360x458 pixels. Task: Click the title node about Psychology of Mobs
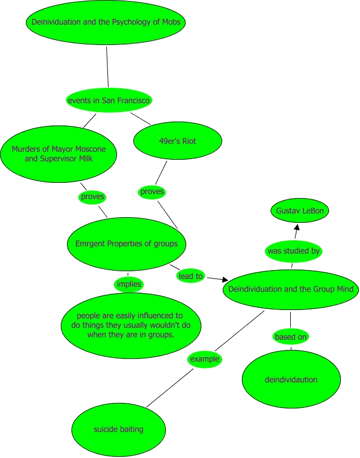click(106, 23)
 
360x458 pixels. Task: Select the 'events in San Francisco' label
click(109, 101)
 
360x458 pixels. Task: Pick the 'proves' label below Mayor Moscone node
click(93, 197)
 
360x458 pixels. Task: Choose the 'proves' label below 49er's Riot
click(152, 191)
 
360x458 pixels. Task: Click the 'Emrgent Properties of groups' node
click(127, 244)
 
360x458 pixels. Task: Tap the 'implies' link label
click(129, 284)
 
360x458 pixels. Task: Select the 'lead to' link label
click(191, 276)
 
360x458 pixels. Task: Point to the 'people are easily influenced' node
click(130, 325)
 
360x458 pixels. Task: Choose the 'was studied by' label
click(293, 251)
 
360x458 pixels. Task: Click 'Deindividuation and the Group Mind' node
click(291, 290)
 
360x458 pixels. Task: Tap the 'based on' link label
click(291, 337)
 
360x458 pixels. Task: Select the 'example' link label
click(204, 359)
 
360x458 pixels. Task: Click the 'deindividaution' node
click(291, 380)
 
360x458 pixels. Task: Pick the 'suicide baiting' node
click(119, 429)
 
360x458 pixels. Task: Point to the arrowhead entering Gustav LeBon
click(296, 226)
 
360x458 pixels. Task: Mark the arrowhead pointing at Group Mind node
click(225, 279)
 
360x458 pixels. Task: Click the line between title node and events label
click(107, 68)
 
